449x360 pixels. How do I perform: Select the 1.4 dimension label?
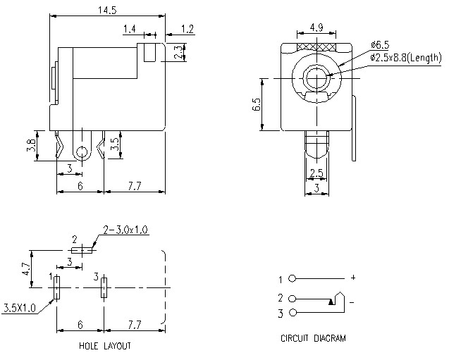tap(130, 29)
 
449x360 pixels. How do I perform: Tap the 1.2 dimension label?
tap(187, 29)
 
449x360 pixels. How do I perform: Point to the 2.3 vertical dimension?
tap(178, 51)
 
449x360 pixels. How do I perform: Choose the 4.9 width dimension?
tap(317, 29)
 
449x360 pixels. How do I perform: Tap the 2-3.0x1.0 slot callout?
tap(125, 230)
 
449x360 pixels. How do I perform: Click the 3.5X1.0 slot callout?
tap(19, 308)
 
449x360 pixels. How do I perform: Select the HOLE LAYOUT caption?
tap(104, 346)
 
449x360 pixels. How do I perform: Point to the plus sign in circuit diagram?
tap(353, 278)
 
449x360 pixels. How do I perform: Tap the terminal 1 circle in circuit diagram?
tap(293, 279)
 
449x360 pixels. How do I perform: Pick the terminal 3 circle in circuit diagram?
tap(293, 312)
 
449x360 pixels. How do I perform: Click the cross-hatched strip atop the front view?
tap(317, 48)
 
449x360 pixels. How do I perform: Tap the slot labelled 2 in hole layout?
tap(82, 249)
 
